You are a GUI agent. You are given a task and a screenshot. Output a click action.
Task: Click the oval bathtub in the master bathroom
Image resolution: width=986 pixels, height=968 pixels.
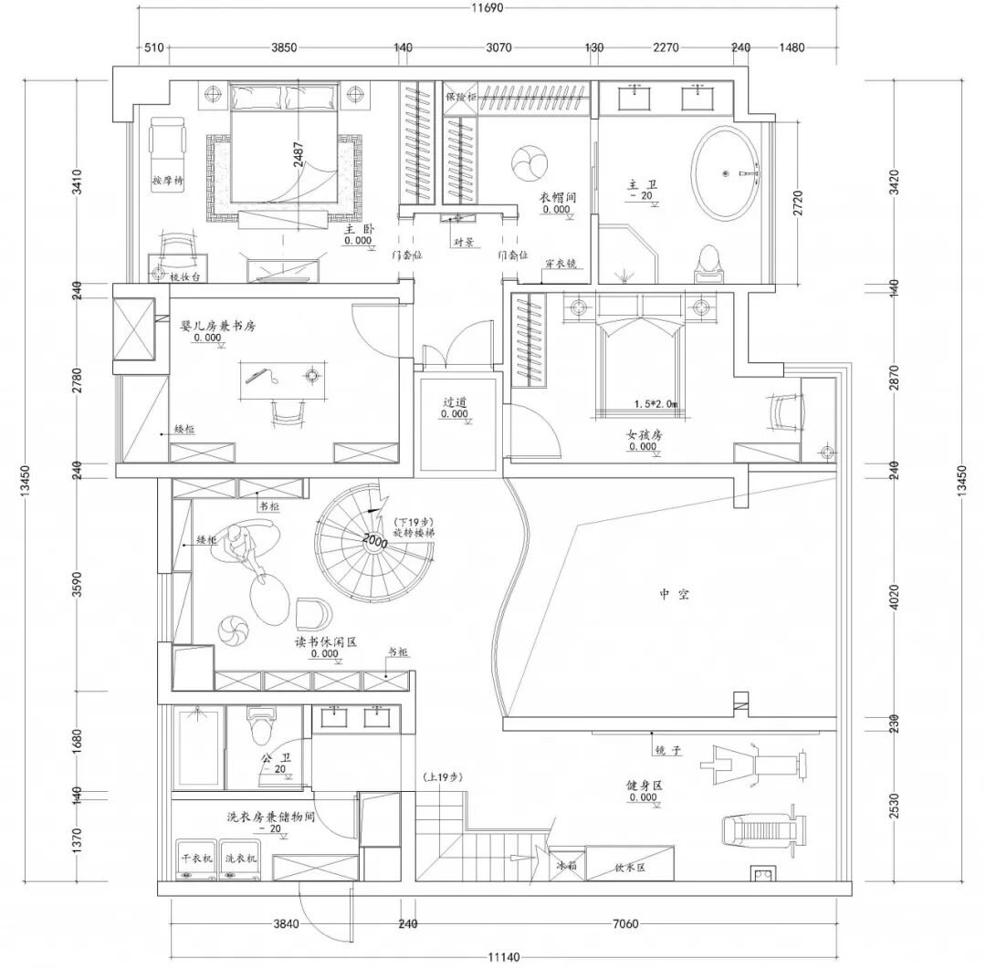tap(725, 172)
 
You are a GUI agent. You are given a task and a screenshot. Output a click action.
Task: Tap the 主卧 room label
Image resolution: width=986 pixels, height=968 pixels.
tap(355, 231)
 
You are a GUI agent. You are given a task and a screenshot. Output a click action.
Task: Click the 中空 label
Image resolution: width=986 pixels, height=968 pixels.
tap(674, 594)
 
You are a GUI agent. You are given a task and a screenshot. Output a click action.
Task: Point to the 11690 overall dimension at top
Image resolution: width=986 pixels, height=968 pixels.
tap(488, 9)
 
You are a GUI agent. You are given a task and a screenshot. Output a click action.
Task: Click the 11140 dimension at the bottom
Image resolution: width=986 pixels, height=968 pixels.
tap(503, 956)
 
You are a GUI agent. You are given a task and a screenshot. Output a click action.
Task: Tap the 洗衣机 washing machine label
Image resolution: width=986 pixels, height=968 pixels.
tap(241, 859)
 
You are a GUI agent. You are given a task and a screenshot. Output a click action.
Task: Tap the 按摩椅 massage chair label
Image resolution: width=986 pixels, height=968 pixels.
tap(168, 182)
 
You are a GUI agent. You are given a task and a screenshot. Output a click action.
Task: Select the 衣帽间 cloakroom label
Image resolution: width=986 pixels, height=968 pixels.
tap(556, 196)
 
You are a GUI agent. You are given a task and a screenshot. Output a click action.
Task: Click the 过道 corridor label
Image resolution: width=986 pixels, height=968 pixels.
tap(455, 401)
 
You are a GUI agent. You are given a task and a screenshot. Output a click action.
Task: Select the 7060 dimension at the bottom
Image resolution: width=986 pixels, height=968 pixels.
tap(624, 924)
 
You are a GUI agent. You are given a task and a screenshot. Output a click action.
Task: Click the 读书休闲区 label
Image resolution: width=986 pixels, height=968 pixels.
tap(325, 641)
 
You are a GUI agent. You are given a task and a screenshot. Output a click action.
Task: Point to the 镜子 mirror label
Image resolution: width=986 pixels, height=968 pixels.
tap(668, 750)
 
